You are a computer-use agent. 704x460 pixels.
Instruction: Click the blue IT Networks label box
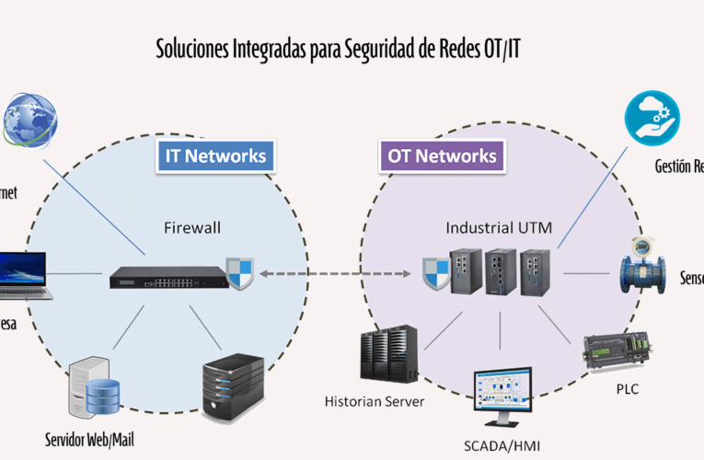point(215,155)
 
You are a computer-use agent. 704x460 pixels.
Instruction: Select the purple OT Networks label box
point(442,155)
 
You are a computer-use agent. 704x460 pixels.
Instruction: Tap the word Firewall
point(194,226)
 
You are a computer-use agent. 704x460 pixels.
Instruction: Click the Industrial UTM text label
point(499,226)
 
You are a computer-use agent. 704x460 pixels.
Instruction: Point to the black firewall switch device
point(167,275)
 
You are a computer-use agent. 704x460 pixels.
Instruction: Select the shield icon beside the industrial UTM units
point(435,273)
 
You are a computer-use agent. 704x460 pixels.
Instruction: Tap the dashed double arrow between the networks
point(336,273)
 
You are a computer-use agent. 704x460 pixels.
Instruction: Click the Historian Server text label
point(375,401)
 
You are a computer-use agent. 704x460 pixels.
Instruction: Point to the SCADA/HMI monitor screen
point(502,395)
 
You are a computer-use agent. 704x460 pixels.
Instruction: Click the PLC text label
point(628,389)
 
